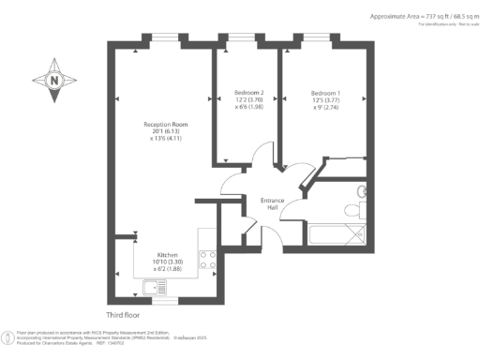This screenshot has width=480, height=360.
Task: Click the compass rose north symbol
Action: pos(55,82)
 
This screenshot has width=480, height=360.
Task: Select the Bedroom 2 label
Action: pos(248,92)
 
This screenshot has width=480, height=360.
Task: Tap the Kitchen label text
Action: pos(167,254)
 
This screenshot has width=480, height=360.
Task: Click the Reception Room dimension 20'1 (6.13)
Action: pos(166,131)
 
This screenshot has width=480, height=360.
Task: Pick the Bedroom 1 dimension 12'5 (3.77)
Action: pos(325,100)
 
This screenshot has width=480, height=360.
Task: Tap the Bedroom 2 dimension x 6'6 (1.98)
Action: pos(248,108)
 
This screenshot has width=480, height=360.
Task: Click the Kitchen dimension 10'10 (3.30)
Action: pos(167,262)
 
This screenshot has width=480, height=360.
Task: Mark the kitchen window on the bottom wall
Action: pos(166,299)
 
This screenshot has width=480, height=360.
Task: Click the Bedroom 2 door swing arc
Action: pos(264,156)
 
